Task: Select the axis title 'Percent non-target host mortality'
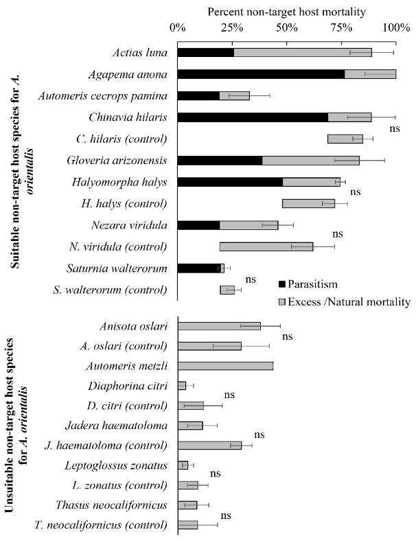pos(286,12)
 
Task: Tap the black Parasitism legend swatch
pos(283,284)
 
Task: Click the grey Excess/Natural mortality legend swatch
pos(283,301)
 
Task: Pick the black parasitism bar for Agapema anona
pos(261,74)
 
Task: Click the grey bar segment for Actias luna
pos(302,52)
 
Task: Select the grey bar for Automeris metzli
pos(225,366)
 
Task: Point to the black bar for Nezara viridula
pos(198,224)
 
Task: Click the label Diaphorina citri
pos(132,386)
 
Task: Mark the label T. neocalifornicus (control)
pos(100,525)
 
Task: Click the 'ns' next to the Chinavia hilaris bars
pos(394,128)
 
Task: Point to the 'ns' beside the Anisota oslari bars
pos(287,336)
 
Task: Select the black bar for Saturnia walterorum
pos(198,268)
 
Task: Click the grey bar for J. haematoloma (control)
pos(209,446)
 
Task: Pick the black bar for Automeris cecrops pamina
pos(198,95)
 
